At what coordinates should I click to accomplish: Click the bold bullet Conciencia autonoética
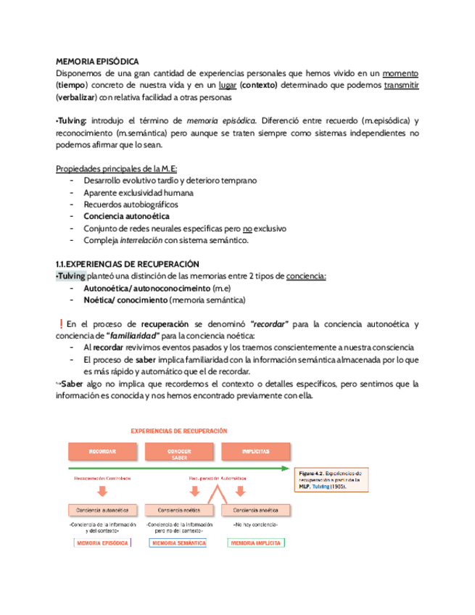point(127,216)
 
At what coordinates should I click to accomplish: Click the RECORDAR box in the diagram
point(102,452)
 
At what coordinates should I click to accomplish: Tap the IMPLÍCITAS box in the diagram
point(256,452)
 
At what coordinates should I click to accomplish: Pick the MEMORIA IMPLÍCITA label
point(256,543)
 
